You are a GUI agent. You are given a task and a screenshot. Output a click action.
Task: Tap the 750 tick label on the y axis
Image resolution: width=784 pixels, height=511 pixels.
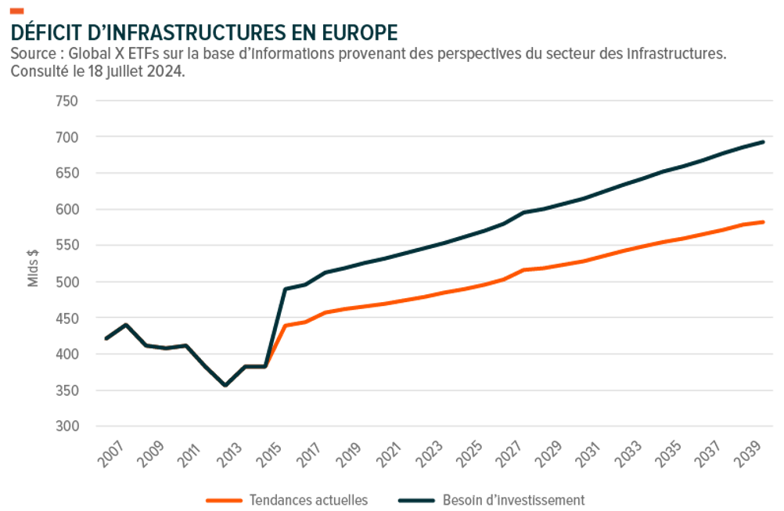pyautogui.click(x=67, y=101)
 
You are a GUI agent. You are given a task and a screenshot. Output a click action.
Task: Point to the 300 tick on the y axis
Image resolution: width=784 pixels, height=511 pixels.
pyautogui.click(x=67, y=426)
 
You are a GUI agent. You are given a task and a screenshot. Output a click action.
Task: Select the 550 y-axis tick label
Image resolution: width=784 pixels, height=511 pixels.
pyautogui.click(x=67, y=246)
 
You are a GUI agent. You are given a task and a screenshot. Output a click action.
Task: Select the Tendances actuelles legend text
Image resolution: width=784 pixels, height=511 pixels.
pyautogui.click(x=308, y=499)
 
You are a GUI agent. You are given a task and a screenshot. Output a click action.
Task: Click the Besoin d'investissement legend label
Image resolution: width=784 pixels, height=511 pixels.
pyautogui.click(x=513, y=499)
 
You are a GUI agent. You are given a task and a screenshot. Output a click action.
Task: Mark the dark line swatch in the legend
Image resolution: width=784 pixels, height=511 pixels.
pyautogui.click(x=416, y=499)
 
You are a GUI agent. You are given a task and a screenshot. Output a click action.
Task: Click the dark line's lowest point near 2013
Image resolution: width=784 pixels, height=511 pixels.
pyautogui.click(x=226, y=385)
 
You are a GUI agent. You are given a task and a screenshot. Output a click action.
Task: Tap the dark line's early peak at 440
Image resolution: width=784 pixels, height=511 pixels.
pyautogui.click(x=126, y=325)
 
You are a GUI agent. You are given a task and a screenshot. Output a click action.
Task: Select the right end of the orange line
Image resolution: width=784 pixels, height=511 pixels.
pyautogui.click(x=763, y=222)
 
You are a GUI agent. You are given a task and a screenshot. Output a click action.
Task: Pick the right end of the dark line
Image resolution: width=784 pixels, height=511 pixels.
pyautogui.click(x=763, y=142)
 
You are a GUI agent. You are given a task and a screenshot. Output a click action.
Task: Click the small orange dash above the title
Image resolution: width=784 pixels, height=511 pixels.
pyautogui.click(x=16, y=10)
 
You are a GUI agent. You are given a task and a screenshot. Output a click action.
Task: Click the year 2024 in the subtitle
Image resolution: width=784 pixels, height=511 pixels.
pyautogui.click(x=166, y=71)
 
